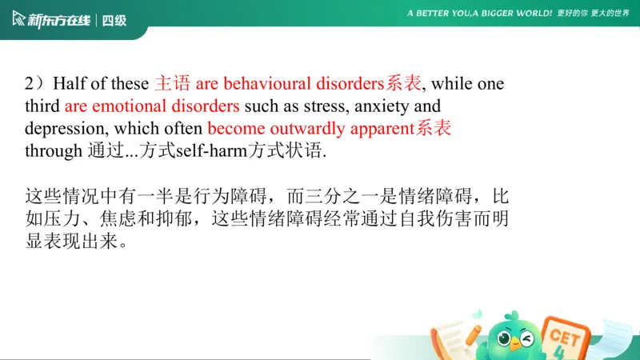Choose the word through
(x=53, y=151)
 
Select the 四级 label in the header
(x=115, y=20)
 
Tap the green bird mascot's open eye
(x=503, y=338)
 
